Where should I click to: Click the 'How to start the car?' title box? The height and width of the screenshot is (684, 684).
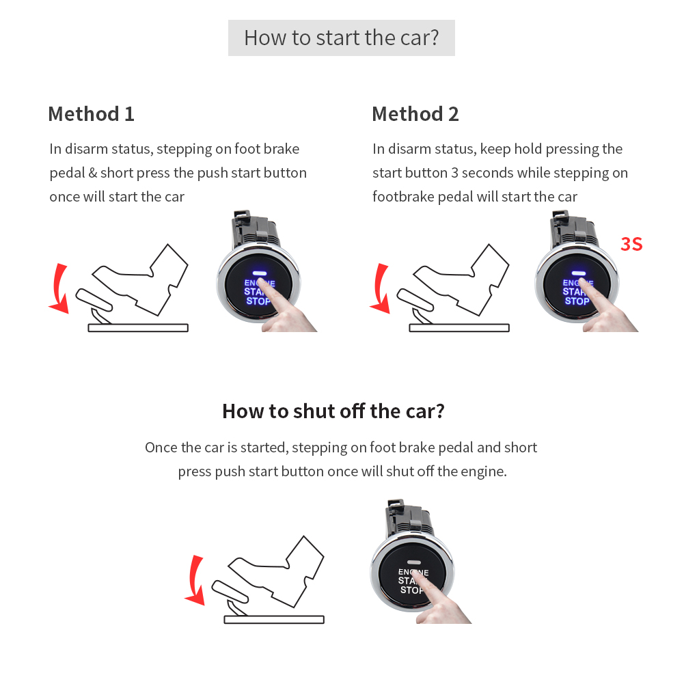coord(341,38)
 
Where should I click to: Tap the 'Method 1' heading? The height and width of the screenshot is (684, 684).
coord(91,113)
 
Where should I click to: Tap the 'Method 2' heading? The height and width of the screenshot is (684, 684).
coord(415,113)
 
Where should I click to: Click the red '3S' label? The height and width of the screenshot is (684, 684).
coord(631,244)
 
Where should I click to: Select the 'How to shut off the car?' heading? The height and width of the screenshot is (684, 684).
coord(333,411)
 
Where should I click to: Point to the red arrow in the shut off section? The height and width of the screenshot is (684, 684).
coord(195,581)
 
